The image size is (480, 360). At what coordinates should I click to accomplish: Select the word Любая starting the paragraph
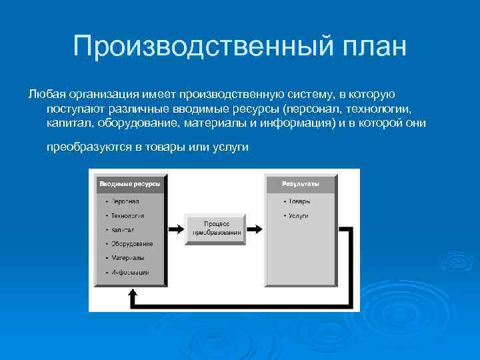click(x=44, y=95)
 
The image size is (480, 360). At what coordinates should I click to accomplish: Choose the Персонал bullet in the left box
click(x=125, y=201)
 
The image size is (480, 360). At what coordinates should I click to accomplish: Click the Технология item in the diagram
click(x=127, y=216)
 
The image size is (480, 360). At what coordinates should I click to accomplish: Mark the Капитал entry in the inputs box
click(x=123, y=230)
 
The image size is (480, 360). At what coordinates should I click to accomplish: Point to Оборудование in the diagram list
click(x=131, y=244)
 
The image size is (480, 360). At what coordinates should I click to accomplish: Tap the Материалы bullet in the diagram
click(x=127, y=258)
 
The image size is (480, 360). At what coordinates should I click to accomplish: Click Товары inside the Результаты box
click(x=299, y=201)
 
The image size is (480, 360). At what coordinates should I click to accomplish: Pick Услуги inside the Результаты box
click(x=299, y=216)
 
